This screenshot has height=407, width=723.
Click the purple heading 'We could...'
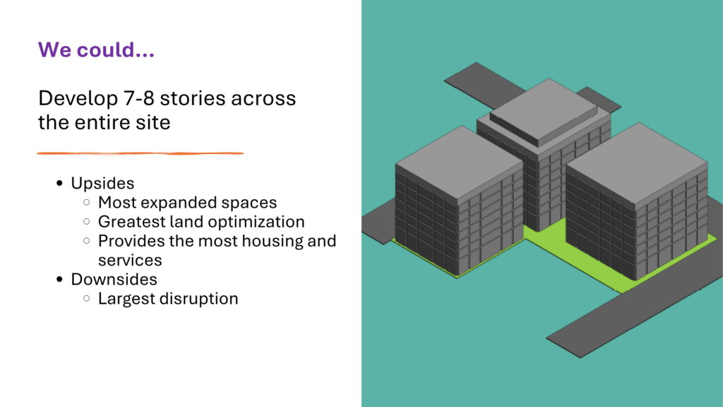96,50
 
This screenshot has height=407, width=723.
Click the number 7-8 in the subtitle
137,98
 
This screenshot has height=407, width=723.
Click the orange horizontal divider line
141,153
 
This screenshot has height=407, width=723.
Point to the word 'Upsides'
102,183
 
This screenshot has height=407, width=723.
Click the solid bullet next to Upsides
59,184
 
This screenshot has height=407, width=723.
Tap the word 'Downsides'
114,280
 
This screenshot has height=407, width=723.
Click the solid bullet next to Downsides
59,280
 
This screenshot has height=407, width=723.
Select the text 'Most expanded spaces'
187,203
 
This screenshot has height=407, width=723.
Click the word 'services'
130,260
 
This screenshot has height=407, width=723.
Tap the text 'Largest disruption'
168,299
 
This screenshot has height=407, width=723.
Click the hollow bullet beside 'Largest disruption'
87,299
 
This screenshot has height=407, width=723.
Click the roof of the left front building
460,162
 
